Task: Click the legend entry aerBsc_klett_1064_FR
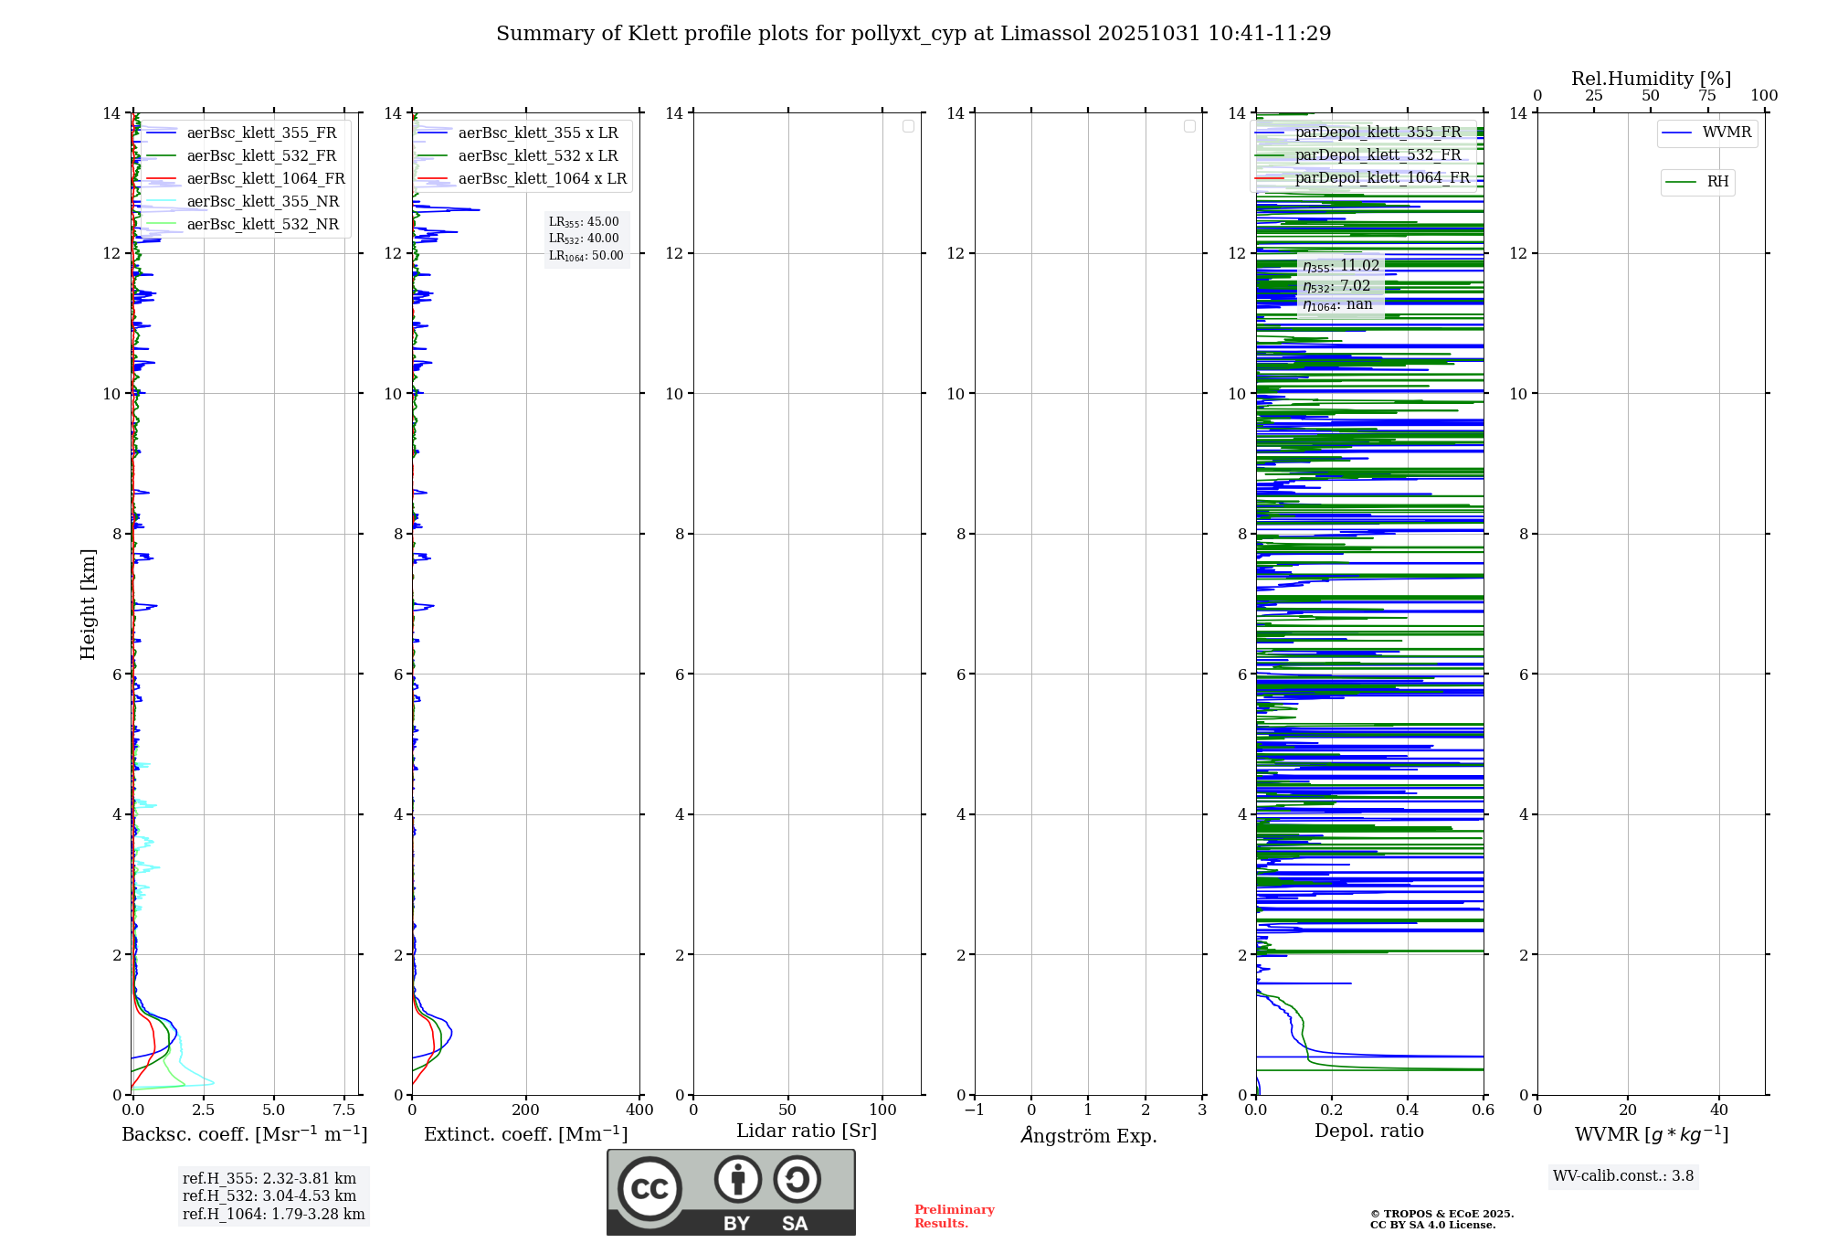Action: pyautogui.click(x=265, y=178)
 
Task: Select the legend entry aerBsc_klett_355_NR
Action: pyautogui.click(x=262, y=201)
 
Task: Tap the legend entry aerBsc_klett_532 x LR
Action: pyautogui.click(x=537, y=155)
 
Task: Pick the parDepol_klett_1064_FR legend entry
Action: pyautogui.click(x=1381, y=177)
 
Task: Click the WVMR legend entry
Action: pyautogui.click(x=1726, y=133)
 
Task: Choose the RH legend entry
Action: pyautogui.click(x=1716, y=182)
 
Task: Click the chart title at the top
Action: pyautogui.click(x=913, y=34)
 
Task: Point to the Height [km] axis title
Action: pyautogui.click(x=88, y=604)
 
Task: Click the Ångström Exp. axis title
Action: pyautogui.click(x=1088, y=1136)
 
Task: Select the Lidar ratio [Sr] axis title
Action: pyautogui.click(x=807, y=1131)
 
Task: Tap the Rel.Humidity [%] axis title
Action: pyautogui.click(x=1651, y=79)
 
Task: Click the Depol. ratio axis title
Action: pyautogui.click(x=1368, y=1131)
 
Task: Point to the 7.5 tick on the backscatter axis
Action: pyautogui.click(x=344, y=1110)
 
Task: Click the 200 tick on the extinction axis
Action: pyautogui.click(x=526, y=1110)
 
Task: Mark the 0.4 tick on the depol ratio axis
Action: pyautogui.click(x=1408, y=1110)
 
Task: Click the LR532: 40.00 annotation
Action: pyautogui.click(x=584, y=239)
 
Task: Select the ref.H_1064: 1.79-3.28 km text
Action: pyautogui.click(x=273, y=1215)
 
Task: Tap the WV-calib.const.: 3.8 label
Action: pyautogui.click(x=1623, y=1176)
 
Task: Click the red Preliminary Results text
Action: pyautogui.click(x=954, y=1216)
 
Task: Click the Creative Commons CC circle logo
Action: pyautogui.click(x=649, y=1189)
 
